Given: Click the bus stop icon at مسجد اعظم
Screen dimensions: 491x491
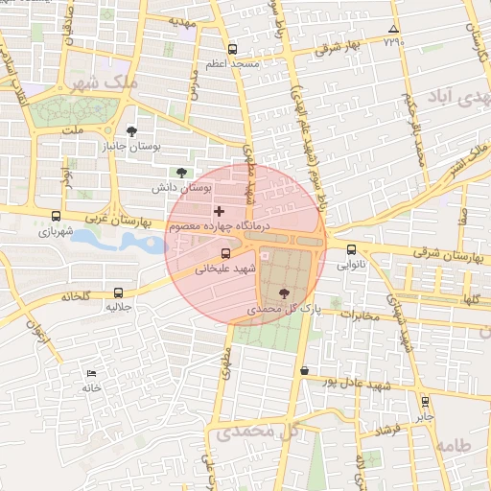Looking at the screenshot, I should pyautogui.click(x=232, y=49).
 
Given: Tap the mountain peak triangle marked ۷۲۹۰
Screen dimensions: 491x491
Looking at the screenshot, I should pyautogui.click(x=392, y=29).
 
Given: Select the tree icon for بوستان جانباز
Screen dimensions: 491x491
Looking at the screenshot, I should pyautogui.click(x=131, y=131).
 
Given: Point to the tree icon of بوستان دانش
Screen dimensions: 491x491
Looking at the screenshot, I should pyautogui.click(x=182, y=172).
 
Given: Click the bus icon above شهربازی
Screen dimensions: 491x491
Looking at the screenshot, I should pyautogui.click(x=56, y=216).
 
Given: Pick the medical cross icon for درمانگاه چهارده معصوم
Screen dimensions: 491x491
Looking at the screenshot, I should pyautogui.click(x=219, y=211).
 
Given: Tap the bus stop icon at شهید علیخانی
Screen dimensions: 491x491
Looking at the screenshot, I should pyautogui.click(x=225, y=254).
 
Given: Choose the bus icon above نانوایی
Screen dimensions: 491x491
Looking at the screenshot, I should pyautogui.click(x=352, y=249).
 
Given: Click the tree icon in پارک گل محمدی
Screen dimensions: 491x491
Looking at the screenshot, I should pyautogui.click(x=282, y=294).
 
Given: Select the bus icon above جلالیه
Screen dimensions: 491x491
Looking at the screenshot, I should pyautogui.click(x=118, y=292).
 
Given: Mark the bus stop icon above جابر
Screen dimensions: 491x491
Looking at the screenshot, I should pyautogui.click(x=425, y=402).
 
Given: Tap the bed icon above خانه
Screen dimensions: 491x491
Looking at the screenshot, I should pyautogui.click(x=91, y=373).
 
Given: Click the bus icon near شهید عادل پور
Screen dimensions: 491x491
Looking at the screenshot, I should pyautogui.click(x=305, y=370).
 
